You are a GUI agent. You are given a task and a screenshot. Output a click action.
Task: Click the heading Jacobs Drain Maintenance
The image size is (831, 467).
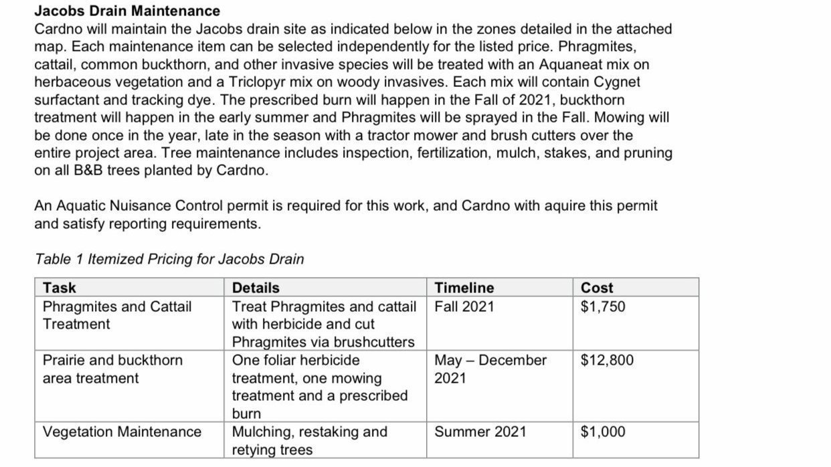pyautogui.click(x=126, y=11)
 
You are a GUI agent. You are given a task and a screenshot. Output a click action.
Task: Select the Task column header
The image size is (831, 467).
pyautogui.click(x=59, y=288)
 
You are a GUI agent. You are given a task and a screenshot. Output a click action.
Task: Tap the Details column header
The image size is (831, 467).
pyautogui.click(x=255, y=288)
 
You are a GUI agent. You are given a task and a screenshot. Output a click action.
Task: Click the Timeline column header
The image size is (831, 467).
pyautogui.click(x=464, y=288)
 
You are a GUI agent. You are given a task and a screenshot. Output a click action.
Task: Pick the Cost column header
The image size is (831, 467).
pyautogui.click(x=596, y=288)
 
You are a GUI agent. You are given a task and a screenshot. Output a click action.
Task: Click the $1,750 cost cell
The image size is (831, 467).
pyautogui.click(x=602, y=306)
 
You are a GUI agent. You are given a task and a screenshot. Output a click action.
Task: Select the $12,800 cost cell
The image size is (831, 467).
pyautogui.click(x=606, y=360)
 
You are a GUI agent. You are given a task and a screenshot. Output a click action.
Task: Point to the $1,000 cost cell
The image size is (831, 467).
pyautogui.click(x=602, y=432)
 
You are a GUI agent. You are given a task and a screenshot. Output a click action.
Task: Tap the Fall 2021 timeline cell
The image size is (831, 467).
pyautogui.click(x=464, y=306)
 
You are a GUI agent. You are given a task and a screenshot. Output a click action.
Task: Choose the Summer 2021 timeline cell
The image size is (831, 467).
pyautogui.click(x=480, y=432)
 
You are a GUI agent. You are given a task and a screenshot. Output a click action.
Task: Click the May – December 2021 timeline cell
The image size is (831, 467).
pyautogui.click(x=490, y=369)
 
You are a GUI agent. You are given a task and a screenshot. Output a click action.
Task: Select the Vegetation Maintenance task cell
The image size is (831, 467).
pyautogui.click(x=122, y=432)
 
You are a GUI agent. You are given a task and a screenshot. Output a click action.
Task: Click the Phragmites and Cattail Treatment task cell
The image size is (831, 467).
pyautogui.click(x=116, y=315)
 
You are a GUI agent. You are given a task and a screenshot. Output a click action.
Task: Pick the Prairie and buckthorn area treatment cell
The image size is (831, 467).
pyautogui.click(x=112, y=369)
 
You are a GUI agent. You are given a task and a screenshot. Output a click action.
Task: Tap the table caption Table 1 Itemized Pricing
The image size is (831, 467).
pyautogui.click(x=169, y=259)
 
